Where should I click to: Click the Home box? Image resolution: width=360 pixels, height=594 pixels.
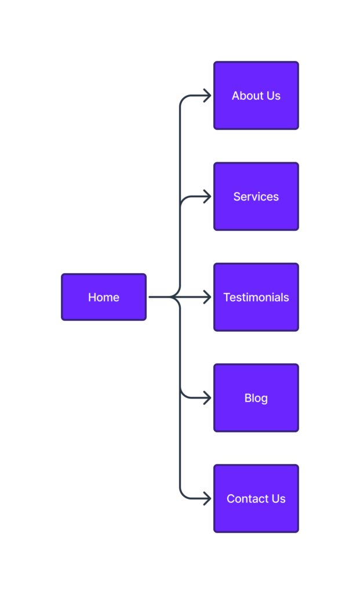(x=104, y=297)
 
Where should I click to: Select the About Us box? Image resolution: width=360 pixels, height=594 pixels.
(x=256, y=96)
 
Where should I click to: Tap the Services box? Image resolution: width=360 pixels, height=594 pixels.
(x=256, y=196)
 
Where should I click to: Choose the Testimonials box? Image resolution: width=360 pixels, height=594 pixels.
(x=256, y=297)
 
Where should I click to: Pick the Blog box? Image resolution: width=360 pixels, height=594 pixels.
(x=256, y=398)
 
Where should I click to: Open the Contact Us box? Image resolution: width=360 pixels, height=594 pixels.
(x=256, y=498)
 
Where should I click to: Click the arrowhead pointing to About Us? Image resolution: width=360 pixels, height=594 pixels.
(x=208, y=96)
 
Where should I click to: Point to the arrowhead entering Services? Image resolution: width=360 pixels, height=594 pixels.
(x=208, y=196)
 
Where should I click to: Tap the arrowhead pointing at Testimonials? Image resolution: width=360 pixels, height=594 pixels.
(x=208, y=297)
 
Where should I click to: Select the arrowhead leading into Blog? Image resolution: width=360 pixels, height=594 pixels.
(x=208, y=398)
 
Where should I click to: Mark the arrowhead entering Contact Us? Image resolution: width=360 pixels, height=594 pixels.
(x=208, y=498)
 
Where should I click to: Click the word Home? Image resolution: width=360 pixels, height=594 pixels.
(x=104, y=298)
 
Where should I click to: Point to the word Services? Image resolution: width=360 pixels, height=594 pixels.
(x=256, y=197)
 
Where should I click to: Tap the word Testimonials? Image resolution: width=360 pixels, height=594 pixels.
(x=256, y=298)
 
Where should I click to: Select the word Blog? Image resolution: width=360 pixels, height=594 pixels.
(x=256, y=398)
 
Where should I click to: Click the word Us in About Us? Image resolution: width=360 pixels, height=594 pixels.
(x=274, y=96)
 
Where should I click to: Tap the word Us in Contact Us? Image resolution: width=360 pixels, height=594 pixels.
(x=278, y=499)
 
